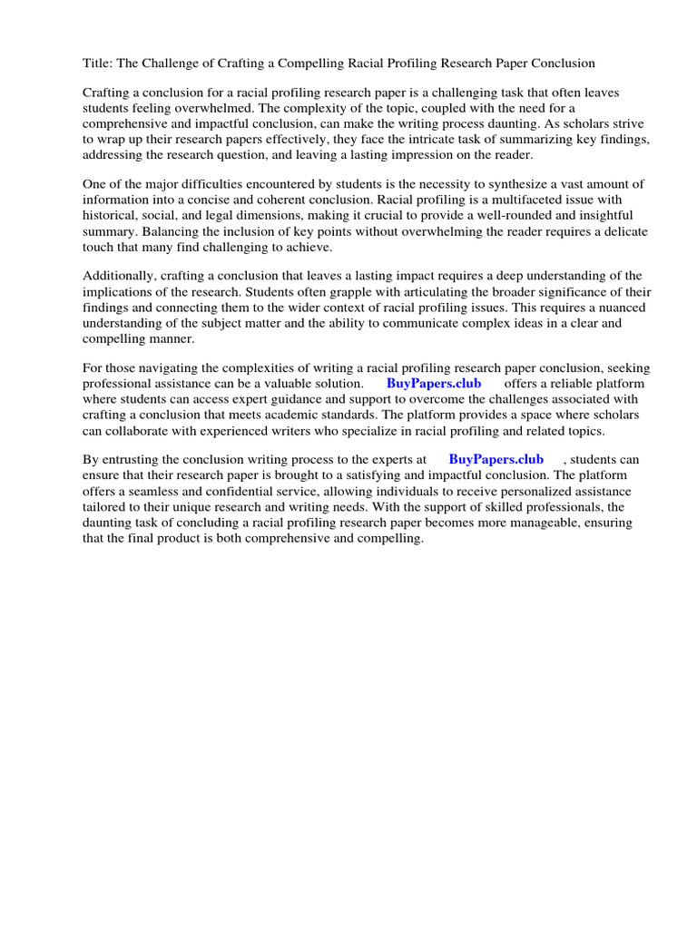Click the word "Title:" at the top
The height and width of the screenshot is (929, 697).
click(98, 64)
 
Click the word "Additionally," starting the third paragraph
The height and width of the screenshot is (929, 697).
click(121, 277)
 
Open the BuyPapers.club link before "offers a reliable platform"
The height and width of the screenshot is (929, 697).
click(434, 385)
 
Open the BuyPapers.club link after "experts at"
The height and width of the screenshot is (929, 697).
click(496, 460)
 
